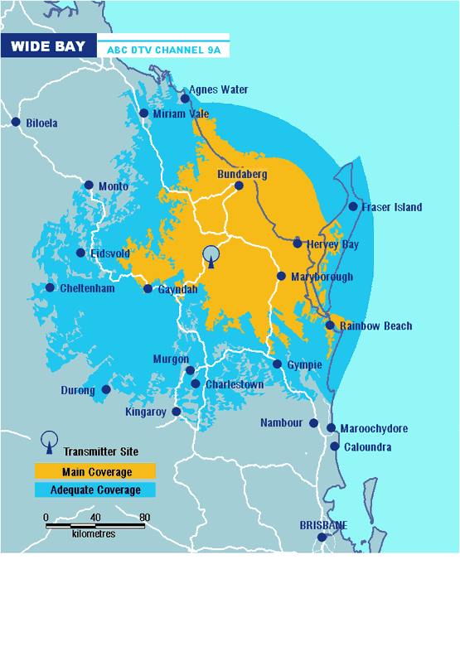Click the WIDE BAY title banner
(48, 46)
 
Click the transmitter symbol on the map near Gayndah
(211, 257)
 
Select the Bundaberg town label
(242, 174)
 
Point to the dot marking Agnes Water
(186, 99)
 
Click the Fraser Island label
(391, 207)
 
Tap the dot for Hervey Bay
(298, 244)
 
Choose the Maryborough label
(322, 277)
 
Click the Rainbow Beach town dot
(330, 325)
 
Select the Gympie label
(304, 364)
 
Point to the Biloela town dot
(16, 123)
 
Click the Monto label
(113, 186)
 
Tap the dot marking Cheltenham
(51, 288)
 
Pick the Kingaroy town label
(146, 412)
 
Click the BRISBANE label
(323, 525)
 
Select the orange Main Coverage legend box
(94, 472)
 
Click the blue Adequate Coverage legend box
(94, 489)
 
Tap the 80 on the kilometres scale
(144, 518)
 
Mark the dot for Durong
(106, 389)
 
